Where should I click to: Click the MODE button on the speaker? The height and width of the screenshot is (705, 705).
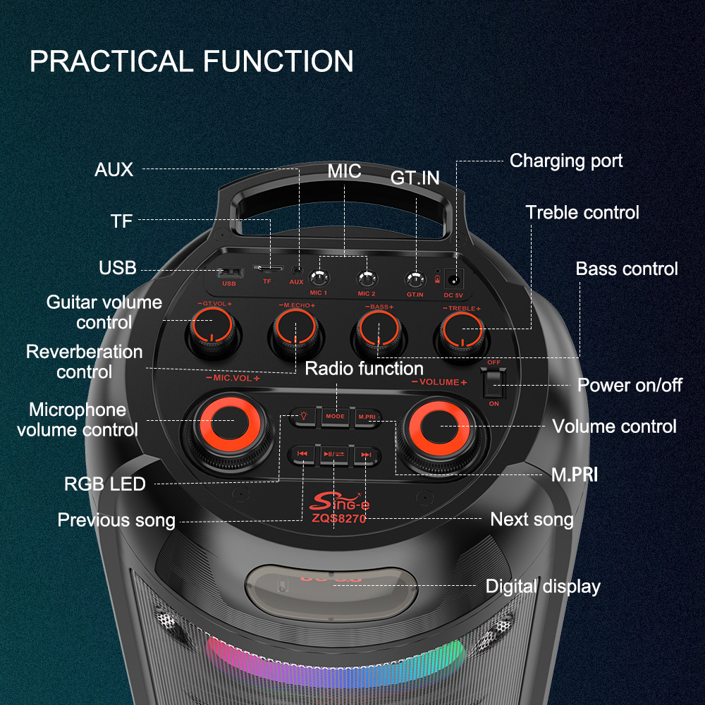(x=336, y=417)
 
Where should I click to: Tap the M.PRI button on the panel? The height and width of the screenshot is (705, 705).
(x=367, y=417)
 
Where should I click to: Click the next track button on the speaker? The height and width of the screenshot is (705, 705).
(x=366, y=455)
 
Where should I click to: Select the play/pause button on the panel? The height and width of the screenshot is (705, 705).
(x=333, y=455)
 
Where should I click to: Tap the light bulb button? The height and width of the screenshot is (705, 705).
(x=304, y=417)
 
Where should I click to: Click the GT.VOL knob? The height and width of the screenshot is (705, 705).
(x=211, y=331)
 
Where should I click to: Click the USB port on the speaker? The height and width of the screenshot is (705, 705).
(x=229, y=273)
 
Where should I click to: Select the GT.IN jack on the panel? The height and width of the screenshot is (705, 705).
(x=415, y=278)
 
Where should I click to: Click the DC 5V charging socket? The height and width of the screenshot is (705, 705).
(x=458, y=278)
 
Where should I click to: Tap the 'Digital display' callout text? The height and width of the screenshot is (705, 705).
(x=543, y=587)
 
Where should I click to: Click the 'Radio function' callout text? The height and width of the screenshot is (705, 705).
(x=364, y=369)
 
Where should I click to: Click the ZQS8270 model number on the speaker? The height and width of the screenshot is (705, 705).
(x=340, y=517)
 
